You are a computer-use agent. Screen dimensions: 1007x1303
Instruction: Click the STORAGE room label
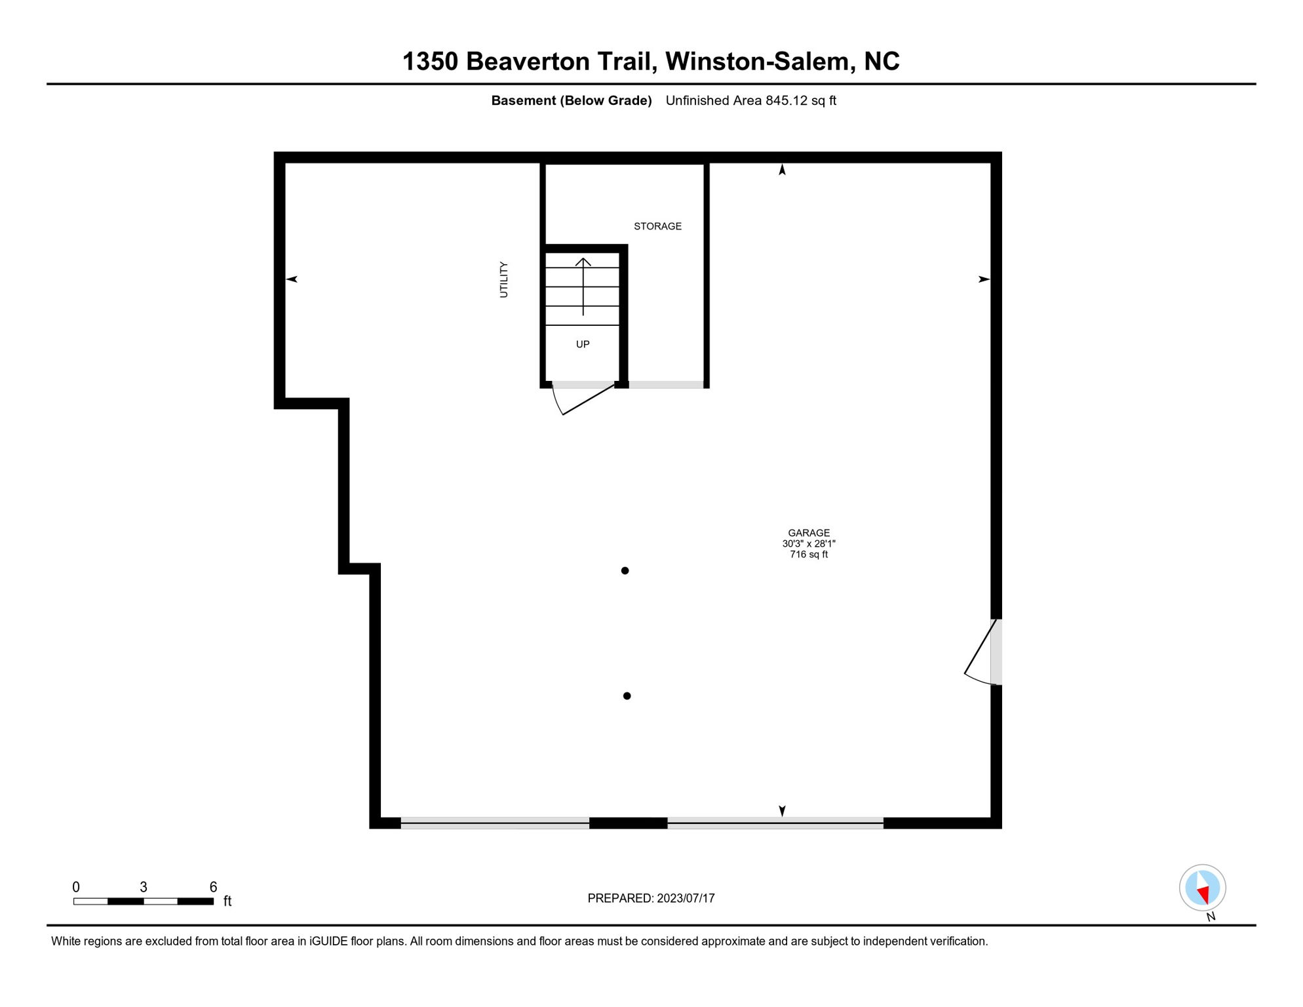pyautogui.click(x=657, y=226)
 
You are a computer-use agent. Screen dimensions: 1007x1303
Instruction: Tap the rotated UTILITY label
pyautogui.click(x=504, y=280)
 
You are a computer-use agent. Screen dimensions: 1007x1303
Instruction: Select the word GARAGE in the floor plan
pyautogui.click(x=809, y=533)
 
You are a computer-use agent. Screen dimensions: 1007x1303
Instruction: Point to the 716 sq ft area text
pyautogui.click(x=809, y=555)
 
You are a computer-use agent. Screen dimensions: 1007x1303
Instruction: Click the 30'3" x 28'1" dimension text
pyautogui.click(x=809, y=543)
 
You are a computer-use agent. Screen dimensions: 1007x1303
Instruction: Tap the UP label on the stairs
pyautogui.click(x=583, y=344)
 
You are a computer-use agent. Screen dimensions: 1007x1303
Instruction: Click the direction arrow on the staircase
pyautogui.click(x=583, y=286)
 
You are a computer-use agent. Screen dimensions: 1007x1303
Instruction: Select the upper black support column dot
pyautogui.click(x=625, y=571)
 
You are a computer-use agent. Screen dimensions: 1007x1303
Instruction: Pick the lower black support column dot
pyautogui.click(x=627, y=696)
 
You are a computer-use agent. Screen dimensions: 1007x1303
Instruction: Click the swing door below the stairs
pyautogui.click(x=583, y=400)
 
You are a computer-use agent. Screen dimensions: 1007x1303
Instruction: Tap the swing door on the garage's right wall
pyautogui.click(x=981, y=652)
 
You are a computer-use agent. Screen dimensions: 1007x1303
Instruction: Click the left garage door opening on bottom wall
pyautogui.click(x=495, y=823)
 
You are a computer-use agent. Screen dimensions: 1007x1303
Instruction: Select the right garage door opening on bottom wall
pyautogui.click(x=775, y=823)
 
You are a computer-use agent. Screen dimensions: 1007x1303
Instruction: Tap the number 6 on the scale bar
pyautogui.click(x=213, y=887)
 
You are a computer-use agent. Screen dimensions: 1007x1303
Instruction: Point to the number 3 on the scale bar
pyautogui.click(x=144, y=887)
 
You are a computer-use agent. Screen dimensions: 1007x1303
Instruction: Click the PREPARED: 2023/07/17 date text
pyautogui.click(x=651, y=899)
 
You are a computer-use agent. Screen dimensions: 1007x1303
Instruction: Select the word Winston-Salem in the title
pyautogui.click(x=760, y=62)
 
